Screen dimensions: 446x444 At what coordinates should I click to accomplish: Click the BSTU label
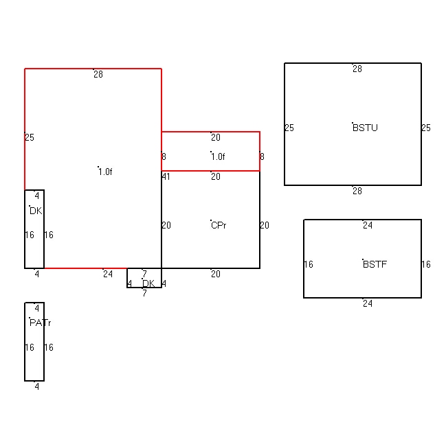365,128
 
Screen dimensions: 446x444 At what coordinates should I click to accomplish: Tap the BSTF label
375,264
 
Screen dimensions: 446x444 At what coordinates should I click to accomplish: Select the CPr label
219,225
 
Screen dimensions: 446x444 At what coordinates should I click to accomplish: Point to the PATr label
40,323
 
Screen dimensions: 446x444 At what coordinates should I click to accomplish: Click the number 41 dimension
166,176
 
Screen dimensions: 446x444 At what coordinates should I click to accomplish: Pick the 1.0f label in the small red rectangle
218,156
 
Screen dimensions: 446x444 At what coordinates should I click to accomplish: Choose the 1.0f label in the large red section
105,172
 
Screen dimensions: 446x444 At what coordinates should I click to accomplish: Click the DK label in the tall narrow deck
36,211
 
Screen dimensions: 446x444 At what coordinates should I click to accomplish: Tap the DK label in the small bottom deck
148,283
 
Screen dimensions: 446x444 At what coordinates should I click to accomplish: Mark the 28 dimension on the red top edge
98,74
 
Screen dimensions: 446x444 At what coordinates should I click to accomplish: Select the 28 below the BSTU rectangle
357,191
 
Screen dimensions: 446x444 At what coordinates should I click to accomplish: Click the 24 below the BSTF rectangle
368,303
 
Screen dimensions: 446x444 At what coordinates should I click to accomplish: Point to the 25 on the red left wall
30,137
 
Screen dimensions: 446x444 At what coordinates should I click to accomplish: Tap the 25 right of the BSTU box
426,128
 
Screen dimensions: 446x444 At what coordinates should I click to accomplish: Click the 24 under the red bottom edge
108,274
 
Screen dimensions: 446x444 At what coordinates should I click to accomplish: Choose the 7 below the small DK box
144,293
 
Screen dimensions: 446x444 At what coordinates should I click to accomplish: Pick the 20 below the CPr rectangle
216,274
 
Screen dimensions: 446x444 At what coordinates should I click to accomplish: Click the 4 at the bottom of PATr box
36,386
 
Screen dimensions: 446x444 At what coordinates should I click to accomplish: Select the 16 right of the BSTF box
426,264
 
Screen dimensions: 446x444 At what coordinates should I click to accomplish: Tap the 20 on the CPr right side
265,225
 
